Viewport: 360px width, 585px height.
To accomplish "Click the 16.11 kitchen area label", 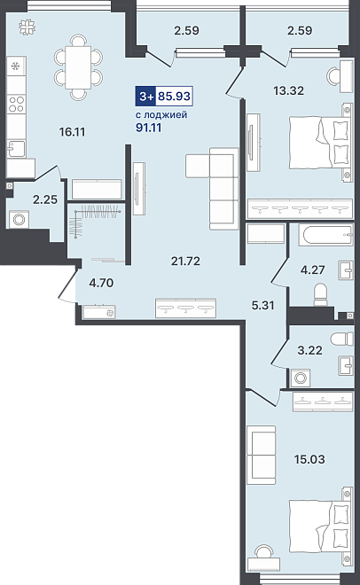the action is (x=73, y=132).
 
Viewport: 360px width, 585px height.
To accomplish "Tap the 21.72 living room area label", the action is (x=185, y=261).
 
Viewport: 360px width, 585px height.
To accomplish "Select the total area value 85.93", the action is (x=174, y=97).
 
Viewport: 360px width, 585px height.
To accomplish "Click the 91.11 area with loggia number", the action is (x=148, y=128).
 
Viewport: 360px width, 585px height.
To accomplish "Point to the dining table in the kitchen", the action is (x=78, y=67).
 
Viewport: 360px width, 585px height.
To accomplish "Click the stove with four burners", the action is (x=16, y=104).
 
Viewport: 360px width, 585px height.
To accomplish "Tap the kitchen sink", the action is (x=16, y=149).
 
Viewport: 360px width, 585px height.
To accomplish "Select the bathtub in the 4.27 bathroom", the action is (x=325, y=236).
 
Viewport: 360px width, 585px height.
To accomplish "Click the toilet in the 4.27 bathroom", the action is (x=320, y=294).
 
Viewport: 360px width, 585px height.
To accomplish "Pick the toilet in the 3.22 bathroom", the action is (x=341, y=339).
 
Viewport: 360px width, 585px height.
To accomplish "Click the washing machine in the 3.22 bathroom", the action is (x=300, y=378).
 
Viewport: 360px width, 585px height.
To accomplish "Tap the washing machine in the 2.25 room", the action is (x=19, y=220).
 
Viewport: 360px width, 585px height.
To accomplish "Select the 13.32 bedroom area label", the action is (x=288, y=90).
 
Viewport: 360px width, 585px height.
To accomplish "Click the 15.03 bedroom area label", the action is (x=309, y=459).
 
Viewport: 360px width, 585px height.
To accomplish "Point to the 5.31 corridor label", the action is (x=262, y=306).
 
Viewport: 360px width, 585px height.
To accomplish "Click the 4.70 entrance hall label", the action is (x=101, y=283).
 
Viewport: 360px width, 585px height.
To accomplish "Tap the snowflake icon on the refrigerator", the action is (x=16, y=66).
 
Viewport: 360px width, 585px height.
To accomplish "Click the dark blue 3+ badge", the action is (x=146, y=97).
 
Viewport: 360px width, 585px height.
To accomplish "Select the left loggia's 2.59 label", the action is (x=186, y=30).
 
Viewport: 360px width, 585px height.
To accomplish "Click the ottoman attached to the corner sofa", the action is (x=198, y=166).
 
